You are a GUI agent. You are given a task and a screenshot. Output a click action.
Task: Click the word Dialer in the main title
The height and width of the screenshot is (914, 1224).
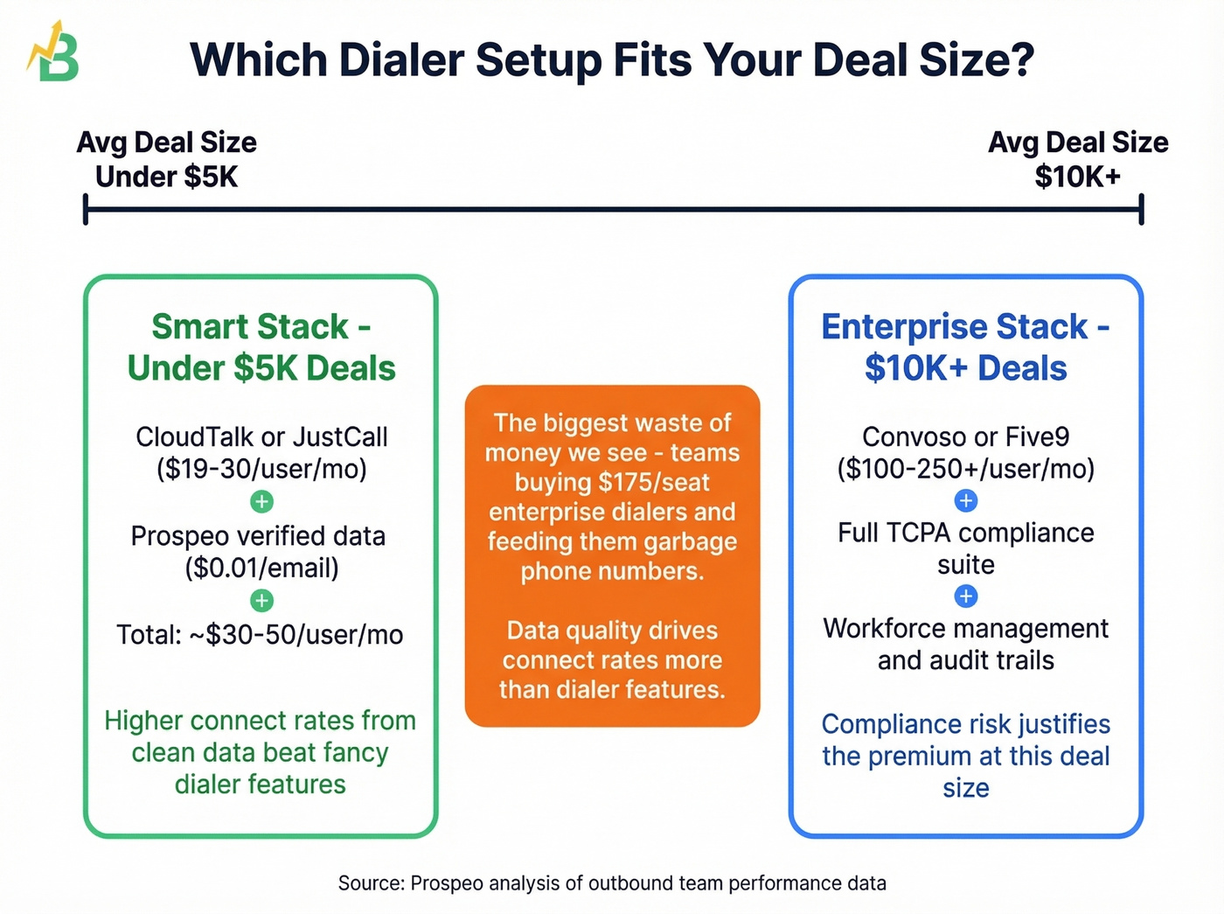tap(401, 60)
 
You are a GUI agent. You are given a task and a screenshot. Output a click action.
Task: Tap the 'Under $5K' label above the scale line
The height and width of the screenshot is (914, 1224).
tap(166, 177)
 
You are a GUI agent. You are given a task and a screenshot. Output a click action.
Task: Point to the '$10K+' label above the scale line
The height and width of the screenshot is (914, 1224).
tap(1077, 177)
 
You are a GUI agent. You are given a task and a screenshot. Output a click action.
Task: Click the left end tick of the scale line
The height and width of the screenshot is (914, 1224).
tap(86, 210)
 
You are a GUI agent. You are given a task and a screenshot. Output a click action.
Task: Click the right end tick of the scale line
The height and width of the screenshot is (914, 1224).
tap(1141, 210)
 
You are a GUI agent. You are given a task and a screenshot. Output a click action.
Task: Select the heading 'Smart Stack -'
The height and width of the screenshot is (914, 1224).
tap(261, 327)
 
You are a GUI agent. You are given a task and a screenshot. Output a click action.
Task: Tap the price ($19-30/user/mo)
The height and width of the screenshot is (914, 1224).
tap(261, 469)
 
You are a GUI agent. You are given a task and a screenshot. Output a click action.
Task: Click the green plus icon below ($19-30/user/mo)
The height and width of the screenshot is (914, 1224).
tap(261, 502)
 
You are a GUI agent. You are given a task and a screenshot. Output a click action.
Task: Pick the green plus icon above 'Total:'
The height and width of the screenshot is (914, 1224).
tap(261, 601)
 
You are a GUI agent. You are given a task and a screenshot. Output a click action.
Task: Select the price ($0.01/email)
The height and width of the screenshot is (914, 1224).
tap(261, 568)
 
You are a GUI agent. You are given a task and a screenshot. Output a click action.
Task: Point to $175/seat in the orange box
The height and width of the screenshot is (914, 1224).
tap(654, 482)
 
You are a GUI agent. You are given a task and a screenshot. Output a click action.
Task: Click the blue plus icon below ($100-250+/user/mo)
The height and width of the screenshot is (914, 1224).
tap(965, 501)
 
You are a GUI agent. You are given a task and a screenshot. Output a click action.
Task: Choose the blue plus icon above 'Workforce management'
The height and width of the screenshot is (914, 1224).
tap(965, 597)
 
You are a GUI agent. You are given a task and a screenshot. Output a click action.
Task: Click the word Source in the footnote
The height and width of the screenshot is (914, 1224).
tap(370, 883)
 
